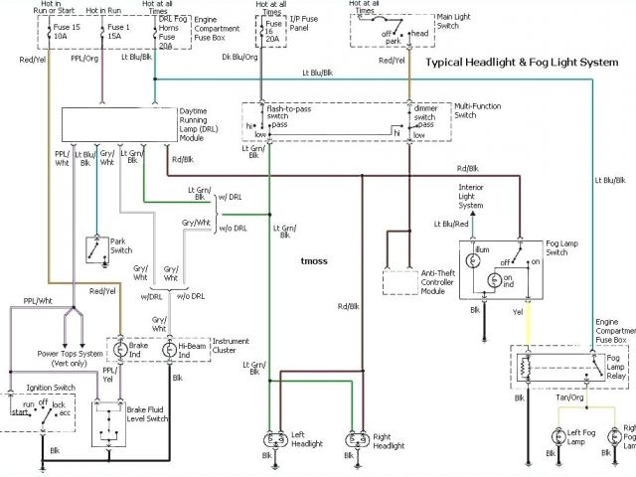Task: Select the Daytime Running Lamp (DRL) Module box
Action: point(112,124)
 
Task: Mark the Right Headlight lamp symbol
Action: point(352,438)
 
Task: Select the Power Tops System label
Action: point(70,353)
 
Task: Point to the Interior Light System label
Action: point(472,197)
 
